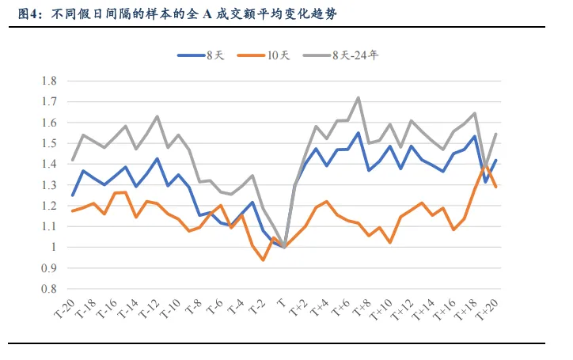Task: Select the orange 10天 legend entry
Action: [272, 55]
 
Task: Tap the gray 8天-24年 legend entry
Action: [348, 55]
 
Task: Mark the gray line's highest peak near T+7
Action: [359, 97]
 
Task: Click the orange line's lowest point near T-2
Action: [264, 260]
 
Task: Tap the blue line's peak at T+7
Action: [359, 133]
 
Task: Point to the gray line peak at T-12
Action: [157, 116]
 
